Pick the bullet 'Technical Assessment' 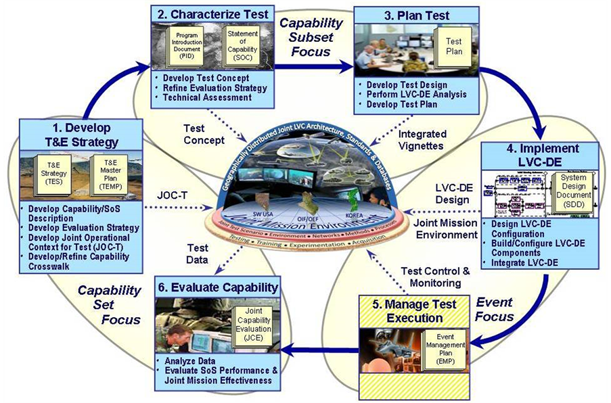[201, 97]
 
